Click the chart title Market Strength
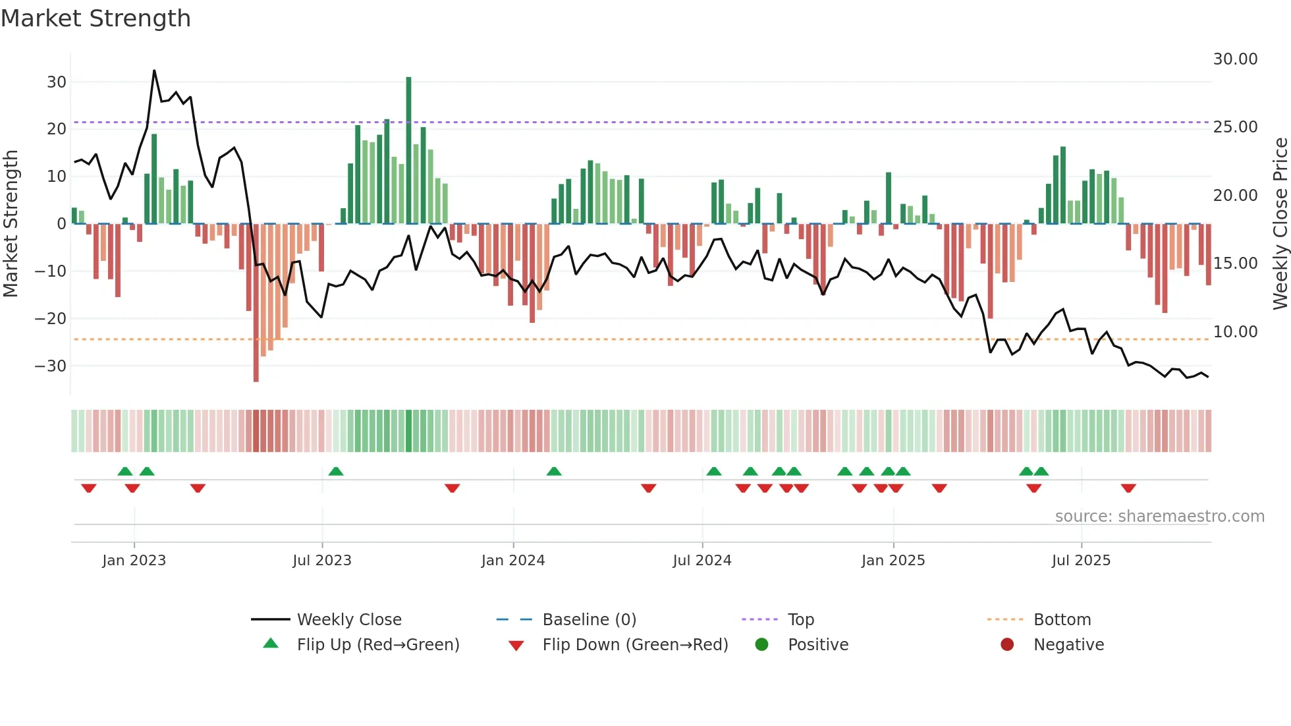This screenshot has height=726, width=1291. pyautogui.click(x=96, y=18)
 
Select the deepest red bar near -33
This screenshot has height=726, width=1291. pyautogui.click(x=256, y=303)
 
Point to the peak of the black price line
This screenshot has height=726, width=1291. pyautogui.click(x=154, y=70)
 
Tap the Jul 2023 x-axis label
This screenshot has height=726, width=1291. pyautogui.click(x=322, y=561)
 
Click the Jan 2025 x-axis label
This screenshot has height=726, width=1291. pyautogui.click(x=893, y=561)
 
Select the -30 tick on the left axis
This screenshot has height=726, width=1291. pyautogui.click(x=51, y=366)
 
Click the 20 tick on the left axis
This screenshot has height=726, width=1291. pyautogui.click(x=57, y=129)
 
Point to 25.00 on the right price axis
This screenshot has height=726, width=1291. pyautogui.click(x=1235, y=127)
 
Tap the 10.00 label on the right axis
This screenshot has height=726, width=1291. pyautogui.click(x=1235, y=332)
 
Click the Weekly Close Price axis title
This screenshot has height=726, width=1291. pyautogui.click(x=1280, y=224)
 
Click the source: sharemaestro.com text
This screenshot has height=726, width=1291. pyautogui.click(x=1159, y=517)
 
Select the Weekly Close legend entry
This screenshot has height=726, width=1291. pyautogui.click(x=348, y=620)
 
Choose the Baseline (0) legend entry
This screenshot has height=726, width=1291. pyautogui.click(x=589, y=620)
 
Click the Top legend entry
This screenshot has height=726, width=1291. pyautogui.click(x=800, y=620)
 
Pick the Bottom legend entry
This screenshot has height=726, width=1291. pyautogui.click(x=1062, y=620)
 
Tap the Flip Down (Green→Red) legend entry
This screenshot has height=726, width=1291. pyautogui.click(x=634, y=645)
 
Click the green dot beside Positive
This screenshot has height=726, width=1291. pyautogui.click(x=762, y=645)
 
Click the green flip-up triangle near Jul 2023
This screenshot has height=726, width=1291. pyautogui.click(x=336, y=472)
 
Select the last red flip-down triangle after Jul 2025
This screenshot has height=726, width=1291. pyautogui.click(x=1128, y=488)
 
